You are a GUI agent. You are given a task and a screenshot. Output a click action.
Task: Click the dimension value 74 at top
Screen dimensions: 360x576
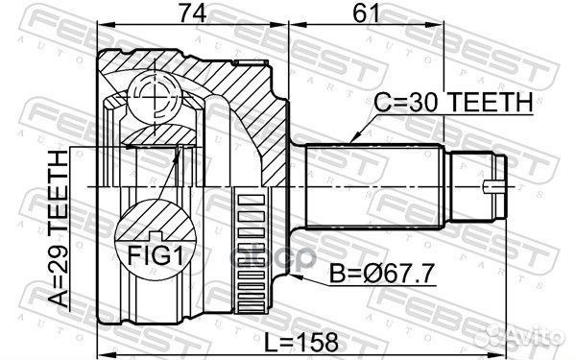[193, 13]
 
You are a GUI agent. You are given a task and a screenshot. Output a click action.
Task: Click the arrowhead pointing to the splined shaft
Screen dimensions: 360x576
[354, 139]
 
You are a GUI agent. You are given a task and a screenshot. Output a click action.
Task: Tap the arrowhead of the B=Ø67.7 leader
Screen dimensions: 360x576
[270, 273]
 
